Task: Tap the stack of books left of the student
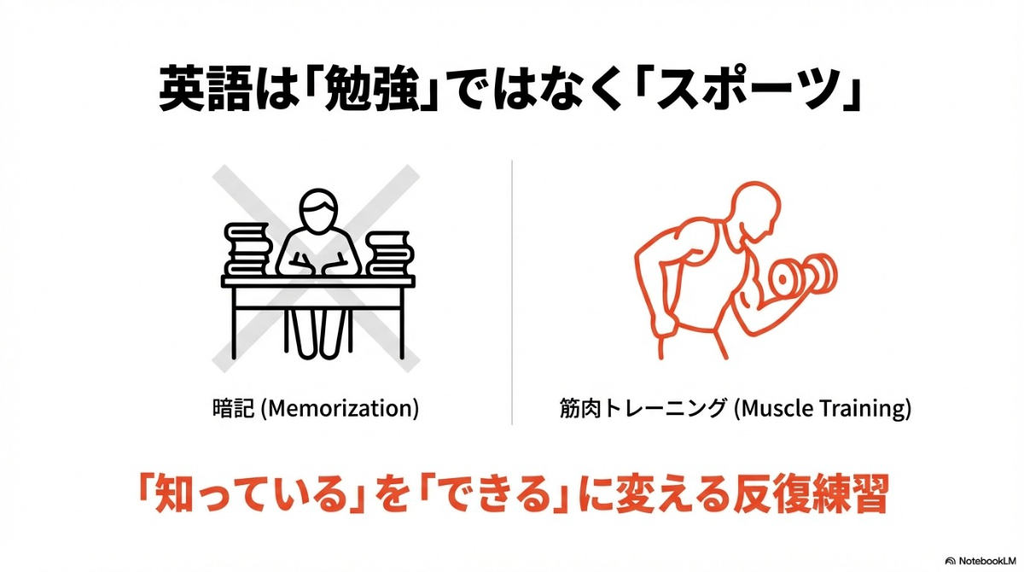[248, 249]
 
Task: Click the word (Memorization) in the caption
[340, 408]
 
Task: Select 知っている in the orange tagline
[247, 495]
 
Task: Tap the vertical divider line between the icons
[512, 290]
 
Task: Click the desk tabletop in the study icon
[318, 281]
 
